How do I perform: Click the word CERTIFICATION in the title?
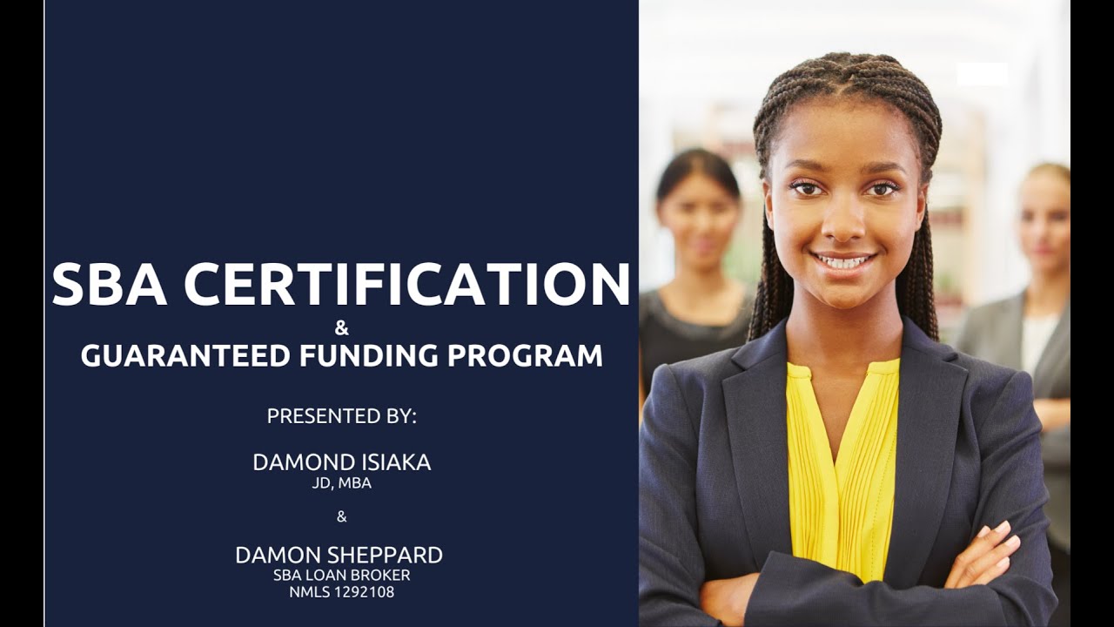pyautogui.click(x=406, y=284)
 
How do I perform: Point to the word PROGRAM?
pyautogui.click(x=523, y=355)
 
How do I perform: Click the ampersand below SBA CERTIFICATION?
pyautogui.click(x=341, y=328)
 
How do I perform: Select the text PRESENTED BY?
pyautogui.click(x=341, y=416)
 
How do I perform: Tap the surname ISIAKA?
pyautogui.click(x=396, y=463)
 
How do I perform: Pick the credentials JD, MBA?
pyautogui.click(x=341, y=483)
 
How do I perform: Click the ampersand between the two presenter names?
pyautogui.click(x=341, y=516)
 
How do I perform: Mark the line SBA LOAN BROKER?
pyautogui.click(x=341, y=576)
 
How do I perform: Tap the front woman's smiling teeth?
pyautogui.click(x=842, y=260)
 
